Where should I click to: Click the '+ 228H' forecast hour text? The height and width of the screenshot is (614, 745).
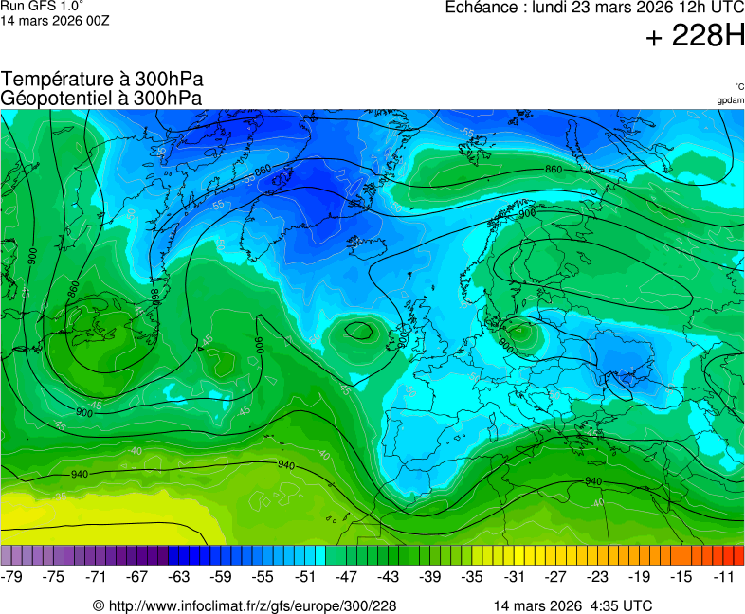tap(695, 37)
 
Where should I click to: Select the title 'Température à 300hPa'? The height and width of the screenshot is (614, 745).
tap(101, 80)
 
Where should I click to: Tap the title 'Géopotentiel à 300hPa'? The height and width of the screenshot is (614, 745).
tap(101, 98)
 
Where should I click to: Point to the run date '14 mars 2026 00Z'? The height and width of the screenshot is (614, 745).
tap(55, 21)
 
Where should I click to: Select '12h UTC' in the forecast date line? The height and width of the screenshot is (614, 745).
tap(705, 8)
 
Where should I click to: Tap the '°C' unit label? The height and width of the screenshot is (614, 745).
tap(738, 86)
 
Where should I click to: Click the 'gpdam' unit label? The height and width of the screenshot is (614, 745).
tap(730, 100)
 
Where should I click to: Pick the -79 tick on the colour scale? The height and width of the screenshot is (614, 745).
tap(12, 576)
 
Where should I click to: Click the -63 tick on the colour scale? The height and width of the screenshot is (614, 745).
tap(179, 576)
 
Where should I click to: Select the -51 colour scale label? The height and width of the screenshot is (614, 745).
tap(304, 576)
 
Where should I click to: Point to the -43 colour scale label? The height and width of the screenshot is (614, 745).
tap(388, 576)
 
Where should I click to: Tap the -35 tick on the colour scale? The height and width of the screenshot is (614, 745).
tap(471, 576)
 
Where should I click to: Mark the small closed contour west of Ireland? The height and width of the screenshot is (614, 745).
tap(359, 331)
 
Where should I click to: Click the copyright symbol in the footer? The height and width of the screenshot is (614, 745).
tap(98, 605)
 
